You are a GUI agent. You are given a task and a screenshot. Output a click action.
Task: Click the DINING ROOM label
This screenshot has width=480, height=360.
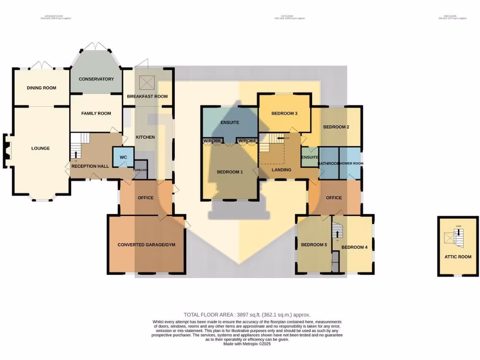[x=41, y=88]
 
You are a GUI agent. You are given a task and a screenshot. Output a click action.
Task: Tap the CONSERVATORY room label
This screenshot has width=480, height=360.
[x=96, y=79]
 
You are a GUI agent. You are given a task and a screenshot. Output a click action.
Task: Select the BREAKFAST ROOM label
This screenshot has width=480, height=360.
[x=147, y=97]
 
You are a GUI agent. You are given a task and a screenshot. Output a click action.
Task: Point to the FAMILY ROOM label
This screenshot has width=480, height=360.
[x=96, y=113]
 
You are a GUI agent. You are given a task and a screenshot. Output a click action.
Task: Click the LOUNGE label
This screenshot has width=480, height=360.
[x=40, y=149]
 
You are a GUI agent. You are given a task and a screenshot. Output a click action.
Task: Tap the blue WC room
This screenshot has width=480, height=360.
[x=123, y=157]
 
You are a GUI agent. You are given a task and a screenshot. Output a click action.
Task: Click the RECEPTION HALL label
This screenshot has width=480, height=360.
[x=90, y=166]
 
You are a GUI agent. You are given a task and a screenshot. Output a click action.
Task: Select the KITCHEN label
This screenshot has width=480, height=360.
[x=145, y=137]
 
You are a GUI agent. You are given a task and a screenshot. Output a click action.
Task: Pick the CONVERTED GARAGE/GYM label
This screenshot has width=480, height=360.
[x=146, y=245]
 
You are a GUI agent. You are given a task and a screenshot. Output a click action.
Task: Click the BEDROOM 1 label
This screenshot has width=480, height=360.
[x=230, y=172]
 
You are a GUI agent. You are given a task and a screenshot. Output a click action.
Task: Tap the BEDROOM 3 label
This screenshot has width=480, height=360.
[x=285, y=113]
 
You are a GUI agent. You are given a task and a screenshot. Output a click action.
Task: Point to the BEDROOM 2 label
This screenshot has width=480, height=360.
[x=336, y=127]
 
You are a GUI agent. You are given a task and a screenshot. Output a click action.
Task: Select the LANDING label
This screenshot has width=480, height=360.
[x=281, y=170]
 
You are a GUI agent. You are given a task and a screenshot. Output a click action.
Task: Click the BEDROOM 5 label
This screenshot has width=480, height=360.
[x=314, y=245]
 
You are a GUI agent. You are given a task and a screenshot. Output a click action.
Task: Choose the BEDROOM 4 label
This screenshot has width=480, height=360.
[x=354, y=247]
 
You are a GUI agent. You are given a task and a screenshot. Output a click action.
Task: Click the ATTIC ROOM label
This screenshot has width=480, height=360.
[x=458, y=257]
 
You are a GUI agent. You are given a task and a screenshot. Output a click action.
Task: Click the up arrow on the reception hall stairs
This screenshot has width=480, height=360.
[x=75, y=154]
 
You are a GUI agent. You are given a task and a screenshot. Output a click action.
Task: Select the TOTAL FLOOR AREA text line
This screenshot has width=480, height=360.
[x=247, y=315]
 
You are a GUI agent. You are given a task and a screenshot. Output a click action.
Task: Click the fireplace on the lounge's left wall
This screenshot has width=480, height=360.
[x=7, y=149]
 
